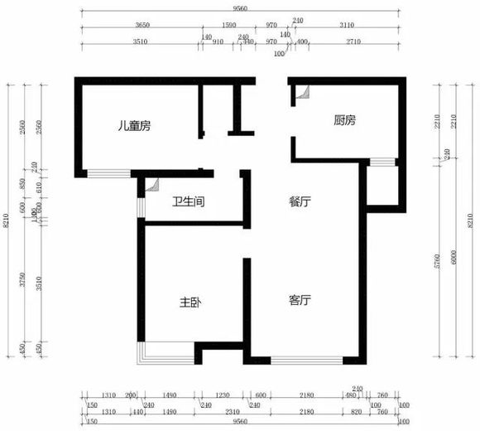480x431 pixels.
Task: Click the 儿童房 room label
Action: [x=133, y=126]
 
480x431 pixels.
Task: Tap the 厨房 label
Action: [x=344, y=120]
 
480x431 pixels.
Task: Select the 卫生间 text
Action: [x=188, y=201]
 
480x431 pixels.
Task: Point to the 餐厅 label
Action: [x=300, y=201]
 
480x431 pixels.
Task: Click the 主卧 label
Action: [x=190, y=303]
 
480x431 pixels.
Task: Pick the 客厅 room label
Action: [x=300, y=300]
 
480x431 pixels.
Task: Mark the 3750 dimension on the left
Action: [x=24, y=280]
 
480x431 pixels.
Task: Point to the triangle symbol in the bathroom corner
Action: [x=151, y=187]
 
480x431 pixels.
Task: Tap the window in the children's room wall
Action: [x=108, y=174]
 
